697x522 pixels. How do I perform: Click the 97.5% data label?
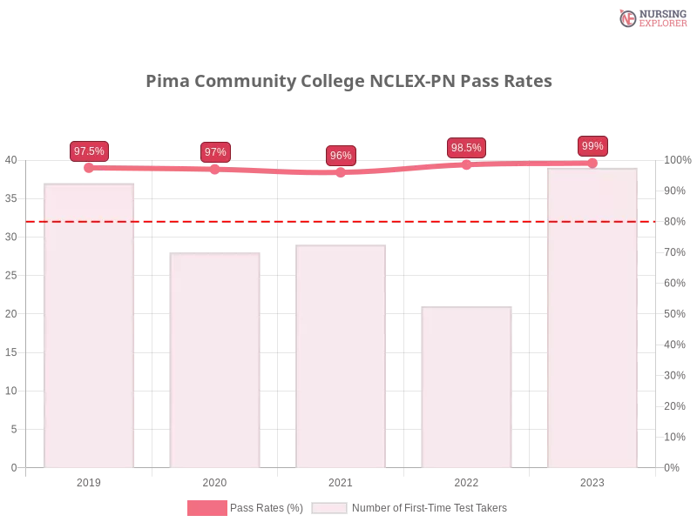89,151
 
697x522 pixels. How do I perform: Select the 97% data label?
215,152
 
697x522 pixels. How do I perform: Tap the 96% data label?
341,157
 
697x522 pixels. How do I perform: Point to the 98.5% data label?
466,148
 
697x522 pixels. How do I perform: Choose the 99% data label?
592,146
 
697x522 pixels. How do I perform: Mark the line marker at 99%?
592,163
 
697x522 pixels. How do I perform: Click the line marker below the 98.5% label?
466,164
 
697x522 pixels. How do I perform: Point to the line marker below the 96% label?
341,172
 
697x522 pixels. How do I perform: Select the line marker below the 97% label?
215,170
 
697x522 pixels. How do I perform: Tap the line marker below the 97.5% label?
90,167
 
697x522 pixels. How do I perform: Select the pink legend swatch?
206,507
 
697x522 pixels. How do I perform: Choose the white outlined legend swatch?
329,507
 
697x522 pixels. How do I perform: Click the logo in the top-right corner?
651,17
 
